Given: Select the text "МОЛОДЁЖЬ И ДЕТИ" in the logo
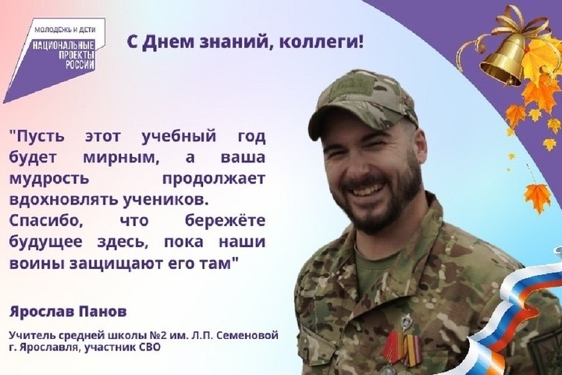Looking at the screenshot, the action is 65,30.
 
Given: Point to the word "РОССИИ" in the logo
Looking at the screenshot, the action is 80,65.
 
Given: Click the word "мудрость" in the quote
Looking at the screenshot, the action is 49,178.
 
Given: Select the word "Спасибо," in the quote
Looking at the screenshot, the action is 46,220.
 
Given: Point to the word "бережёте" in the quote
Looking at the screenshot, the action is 225,220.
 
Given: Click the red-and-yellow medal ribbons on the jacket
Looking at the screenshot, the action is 401,349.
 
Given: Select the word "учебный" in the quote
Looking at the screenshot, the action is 179,137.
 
